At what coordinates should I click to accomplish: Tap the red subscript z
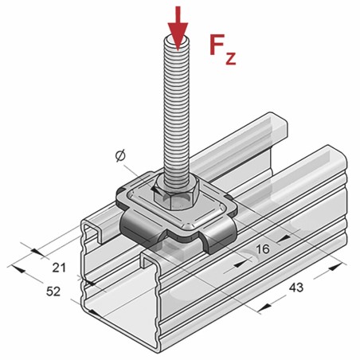point(230,58)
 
